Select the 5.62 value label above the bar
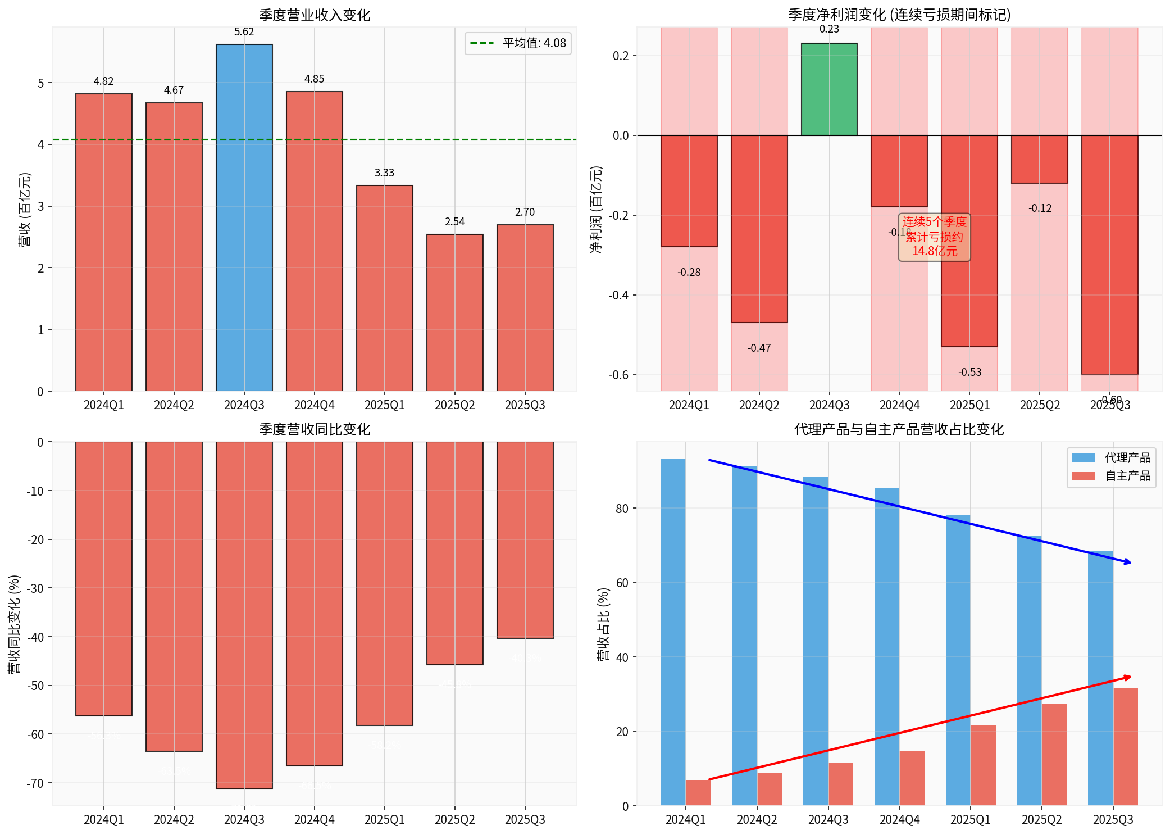(244, 32)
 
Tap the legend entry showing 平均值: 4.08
(518, 43)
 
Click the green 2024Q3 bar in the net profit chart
(829, 89)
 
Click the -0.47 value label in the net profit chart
(759, 348)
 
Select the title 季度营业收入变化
(315, 15)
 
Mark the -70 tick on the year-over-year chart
(35, 783)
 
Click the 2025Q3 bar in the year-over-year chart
(525, 539)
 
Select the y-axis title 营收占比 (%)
(603, 624)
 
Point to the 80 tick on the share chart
(622, 509)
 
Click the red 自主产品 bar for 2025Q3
(1126, 747)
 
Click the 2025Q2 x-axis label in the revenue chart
(455, 405)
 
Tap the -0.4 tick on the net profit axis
(618, 295)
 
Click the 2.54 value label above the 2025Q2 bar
(455, 222)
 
